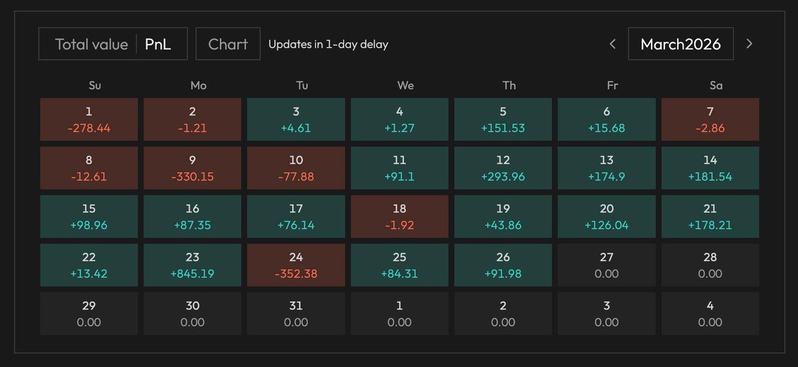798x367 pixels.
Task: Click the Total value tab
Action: click(91, 45)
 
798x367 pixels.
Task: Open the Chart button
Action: click(228, 45)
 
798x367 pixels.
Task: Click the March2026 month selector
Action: click(680, 45)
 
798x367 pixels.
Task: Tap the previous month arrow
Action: click(613, 45)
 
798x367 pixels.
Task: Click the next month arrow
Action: click(749, 45)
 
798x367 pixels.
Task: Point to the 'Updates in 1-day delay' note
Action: click(328, 45)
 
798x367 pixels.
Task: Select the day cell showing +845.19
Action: click(193, 265)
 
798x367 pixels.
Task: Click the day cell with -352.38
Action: click(296, 265)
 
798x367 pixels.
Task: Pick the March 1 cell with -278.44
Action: click(89, 119)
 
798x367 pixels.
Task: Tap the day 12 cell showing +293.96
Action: click(503, 168)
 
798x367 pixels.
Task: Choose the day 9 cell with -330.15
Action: click(193, 168)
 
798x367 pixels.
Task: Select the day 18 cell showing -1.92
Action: click(400, 216)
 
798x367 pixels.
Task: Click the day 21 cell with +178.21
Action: click(710, 216)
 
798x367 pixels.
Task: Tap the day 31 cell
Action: click(296, 313)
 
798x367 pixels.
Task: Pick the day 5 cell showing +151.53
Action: click(503, 119)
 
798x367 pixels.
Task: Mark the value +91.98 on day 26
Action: click(503, 274)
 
